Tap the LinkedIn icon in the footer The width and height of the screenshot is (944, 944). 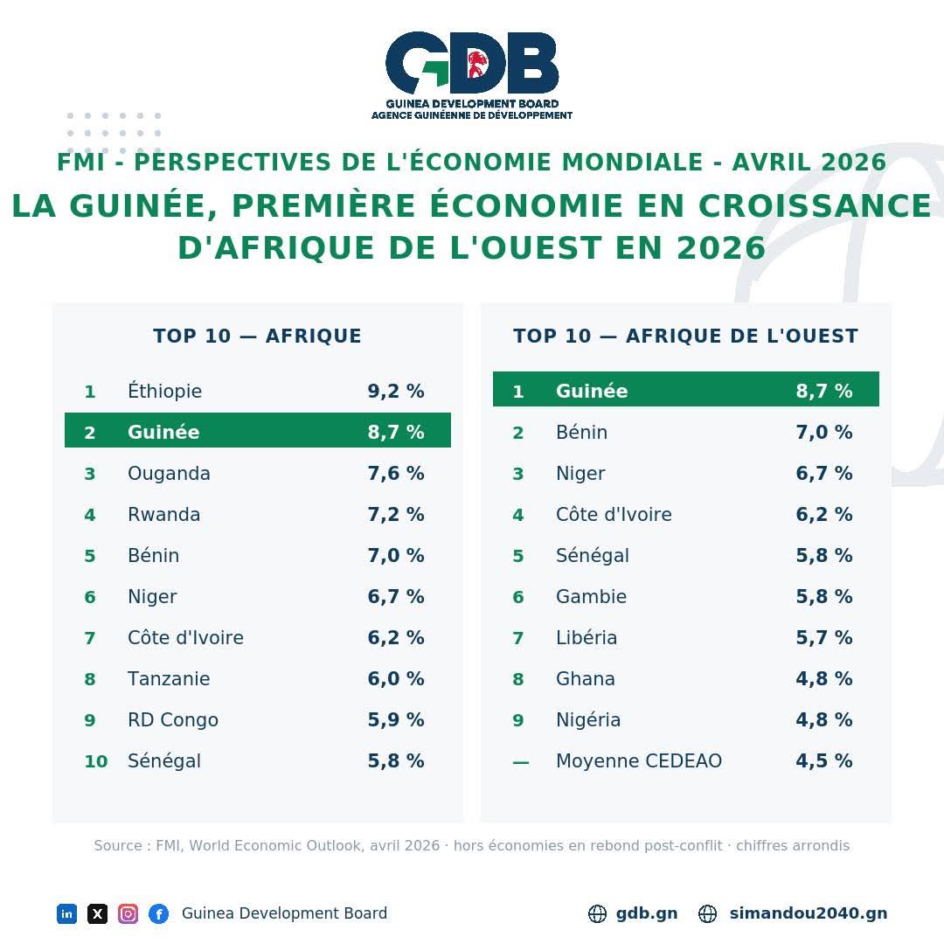[x=66, y=914]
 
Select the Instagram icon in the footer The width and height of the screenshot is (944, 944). [x=128, y=914]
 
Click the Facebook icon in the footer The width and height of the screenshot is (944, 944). [x=159, y=914]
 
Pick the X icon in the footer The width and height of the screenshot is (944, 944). [x=98, y=914]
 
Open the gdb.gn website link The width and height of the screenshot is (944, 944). [x=647, y=913]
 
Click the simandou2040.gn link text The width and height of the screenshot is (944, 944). [x=808, y=913]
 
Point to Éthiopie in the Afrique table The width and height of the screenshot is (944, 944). [x=164, y=391]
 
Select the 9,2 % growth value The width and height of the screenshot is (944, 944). [x=396, y=392]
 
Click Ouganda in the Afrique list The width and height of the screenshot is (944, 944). [x=169, y=473]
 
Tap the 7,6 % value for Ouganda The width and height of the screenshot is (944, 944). [x=396, y=473]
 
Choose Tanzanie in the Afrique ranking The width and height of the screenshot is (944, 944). [x=169, y=678]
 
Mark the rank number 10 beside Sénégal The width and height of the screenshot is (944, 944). [x=96, y=761]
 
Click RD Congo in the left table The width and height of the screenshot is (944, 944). [x=173, y=720]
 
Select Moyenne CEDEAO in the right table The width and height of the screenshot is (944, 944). [x=639, y=761]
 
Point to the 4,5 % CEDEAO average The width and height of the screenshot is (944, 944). [x=823, y=761]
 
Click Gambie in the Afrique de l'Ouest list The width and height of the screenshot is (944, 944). [x=591, y=597]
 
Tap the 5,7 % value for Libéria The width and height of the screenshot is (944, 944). [x=823, y=637]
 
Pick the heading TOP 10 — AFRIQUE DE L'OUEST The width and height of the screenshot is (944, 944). [x=686, y=336]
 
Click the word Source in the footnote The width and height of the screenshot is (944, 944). [x=117, y=845]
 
